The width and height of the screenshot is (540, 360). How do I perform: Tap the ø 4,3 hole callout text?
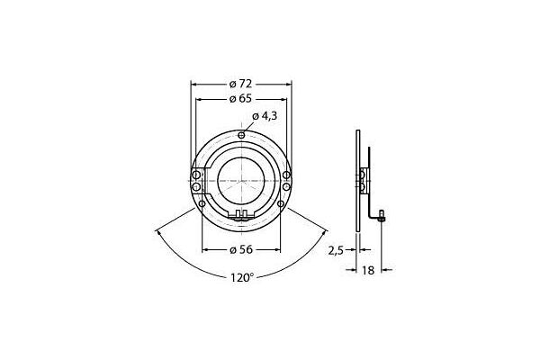[x=265, y=115]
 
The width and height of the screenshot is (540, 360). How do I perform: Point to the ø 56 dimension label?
[x=241, y=248]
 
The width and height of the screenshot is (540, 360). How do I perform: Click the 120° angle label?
[x=241, y=278]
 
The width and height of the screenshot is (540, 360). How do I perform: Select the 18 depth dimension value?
[x=369, y=268]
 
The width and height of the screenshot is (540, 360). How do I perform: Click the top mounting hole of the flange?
[x=241, y=135]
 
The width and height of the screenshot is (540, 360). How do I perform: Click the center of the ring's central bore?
[x=241, y=180]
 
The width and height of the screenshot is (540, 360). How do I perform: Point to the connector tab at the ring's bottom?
[x=241, y=215]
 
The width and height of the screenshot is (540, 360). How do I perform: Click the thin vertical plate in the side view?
[x=358, y=180]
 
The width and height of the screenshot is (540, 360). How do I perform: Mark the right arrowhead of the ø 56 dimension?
[x=278, y=248]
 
